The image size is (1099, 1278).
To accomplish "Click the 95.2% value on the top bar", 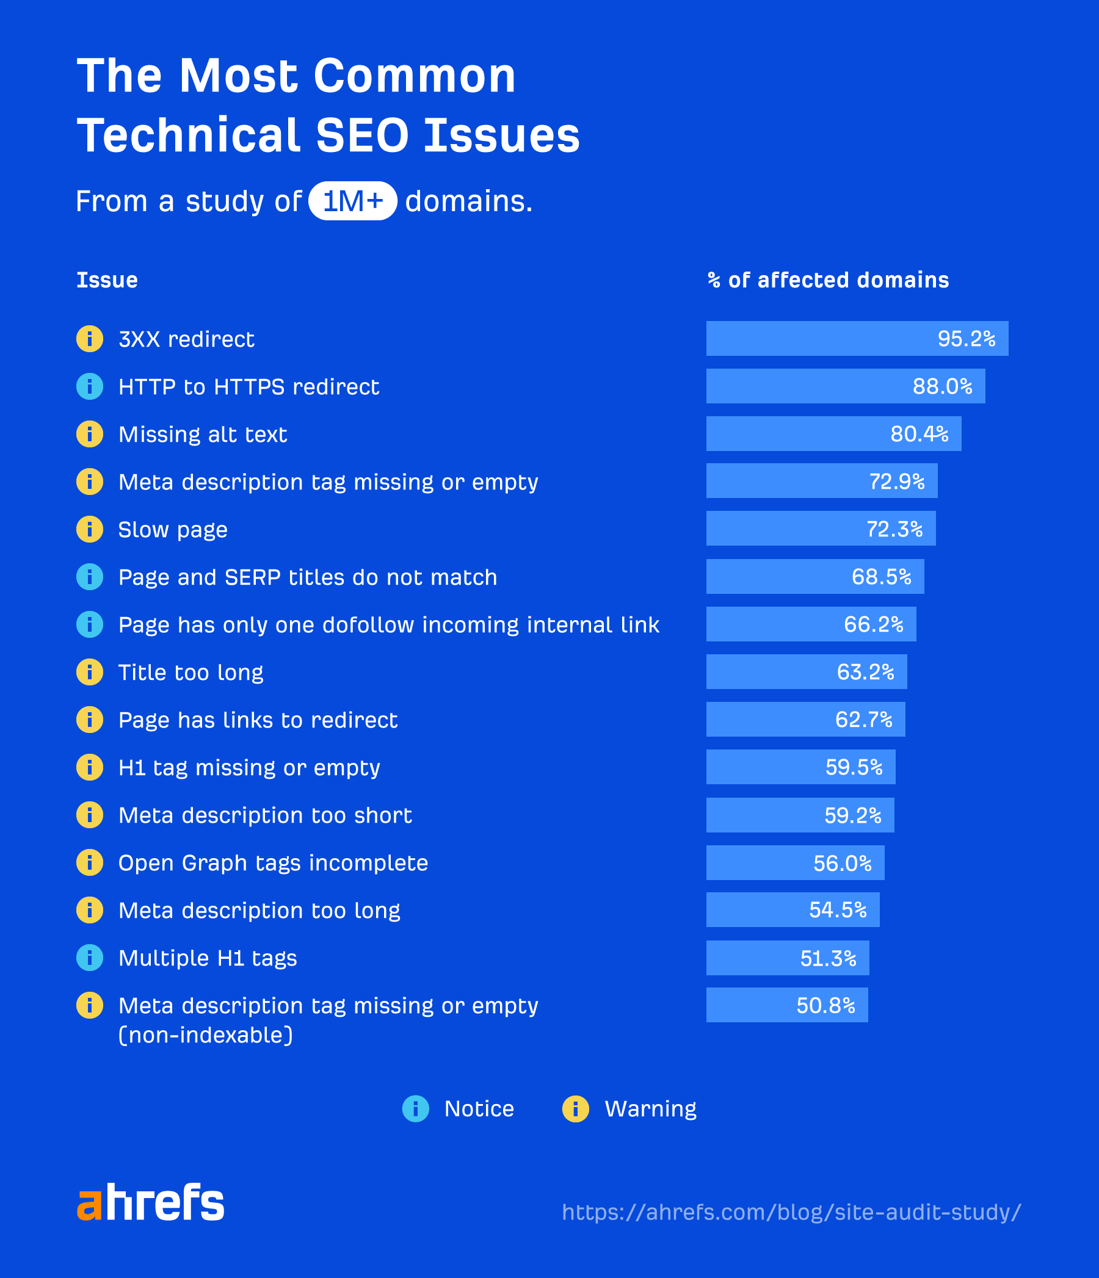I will [966, 339].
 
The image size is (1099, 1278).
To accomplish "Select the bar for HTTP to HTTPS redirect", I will [846, 386].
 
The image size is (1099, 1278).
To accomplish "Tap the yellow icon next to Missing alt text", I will [90, 434].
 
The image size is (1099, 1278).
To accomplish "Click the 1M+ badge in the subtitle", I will [352, 201].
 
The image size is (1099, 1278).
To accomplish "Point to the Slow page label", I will [173, 530].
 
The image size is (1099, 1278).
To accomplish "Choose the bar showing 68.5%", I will [814, 577].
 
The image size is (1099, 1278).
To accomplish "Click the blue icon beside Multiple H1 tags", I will [90, 958].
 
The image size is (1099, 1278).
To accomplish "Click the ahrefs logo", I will [150, 1202].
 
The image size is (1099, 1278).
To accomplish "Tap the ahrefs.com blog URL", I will [791, 1212].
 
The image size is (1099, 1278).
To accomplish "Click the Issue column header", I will [107, 280].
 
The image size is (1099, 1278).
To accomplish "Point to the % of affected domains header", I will [827, 280].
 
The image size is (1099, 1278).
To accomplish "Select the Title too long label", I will [190, 673].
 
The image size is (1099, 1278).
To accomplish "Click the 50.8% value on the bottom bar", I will [825, 1005].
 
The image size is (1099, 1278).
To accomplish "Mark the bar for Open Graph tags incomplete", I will [795, 863].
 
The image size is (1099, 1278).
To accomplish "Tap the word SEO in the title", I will [362, 135].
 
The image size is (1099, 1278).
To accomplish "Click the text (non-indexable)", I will [206, 1035].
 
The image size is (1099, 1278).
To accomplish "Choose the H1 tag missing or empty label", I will [248, 768].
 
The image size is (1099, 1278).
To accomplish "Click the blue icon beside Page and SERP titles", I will [90, 577].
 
